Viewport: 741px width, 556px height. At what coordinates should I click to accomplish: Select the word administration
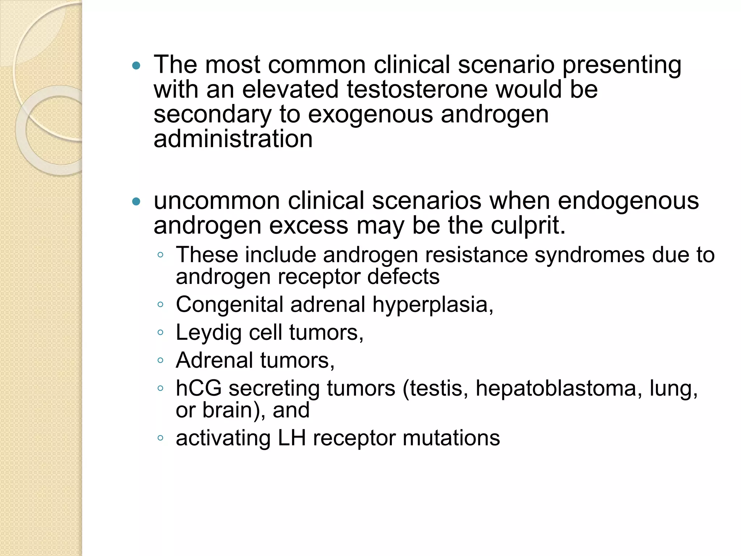click(233, 139)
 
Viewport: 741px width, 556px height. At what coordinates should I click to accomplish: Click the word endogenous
click(628, 201)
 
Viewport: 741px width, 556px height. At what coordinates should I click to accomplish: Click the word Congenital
click(229, 305)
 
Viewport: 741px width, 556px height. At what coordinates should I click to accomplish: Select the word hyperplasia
click(433, 305)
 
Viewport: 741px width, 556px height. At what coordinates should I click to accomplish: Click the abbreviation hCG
click(199, 388)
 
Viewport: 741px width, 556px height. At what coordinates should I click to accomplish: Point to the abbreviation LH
click(292, 438)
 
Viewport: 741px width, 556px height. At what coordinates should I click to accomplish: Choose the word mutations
click(451, 438)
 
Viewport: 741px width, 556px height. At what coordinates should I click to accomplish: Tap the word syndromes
click(589, 255)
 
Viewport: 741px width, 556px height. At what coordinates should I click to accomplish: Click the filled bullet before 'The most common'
click(136, 66)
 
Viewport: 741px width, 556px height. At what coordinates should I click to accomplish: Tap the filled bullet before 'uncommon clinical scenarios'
click(136, 202)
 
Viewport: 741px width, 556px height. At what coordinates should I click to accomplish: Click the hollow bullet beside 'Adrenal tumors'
click(161, 360)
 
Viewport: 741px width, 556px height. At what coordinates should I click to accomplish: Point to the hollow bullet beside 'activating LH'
click(161, 438)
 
